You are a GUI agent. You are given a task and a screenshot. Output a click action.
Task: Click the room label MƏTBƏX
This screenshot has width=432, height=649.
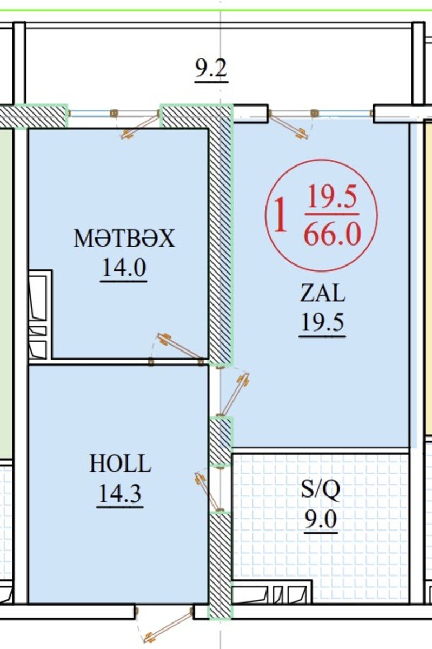tap(124, 238)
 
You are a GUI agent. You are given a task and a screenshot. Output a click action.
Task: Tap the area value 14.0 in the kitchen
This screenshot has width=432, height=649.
tap(124, 268)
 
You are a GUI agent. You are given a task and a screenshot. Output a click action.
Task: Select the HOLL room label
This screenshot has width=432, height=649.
tap(120, 463)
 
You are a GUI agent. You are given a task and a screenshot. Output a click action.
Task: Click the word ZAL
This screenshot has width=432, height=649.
tap(323, 293)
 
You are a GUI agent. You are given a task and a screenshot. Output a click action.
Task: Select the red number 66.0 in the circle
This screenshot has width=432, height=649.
tap(333, 235)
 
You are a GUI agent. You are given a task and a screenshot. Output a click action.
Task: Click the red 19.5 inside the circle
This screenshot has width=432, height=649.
tap(332, 198)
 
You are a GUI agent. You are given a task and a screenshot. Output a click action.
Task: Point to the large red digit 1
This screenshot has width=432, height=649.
tap(281, 214)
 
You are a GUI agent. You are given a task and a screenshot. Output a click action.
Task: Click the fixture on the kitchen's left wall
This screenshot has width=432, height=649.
tap(41, 315)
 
